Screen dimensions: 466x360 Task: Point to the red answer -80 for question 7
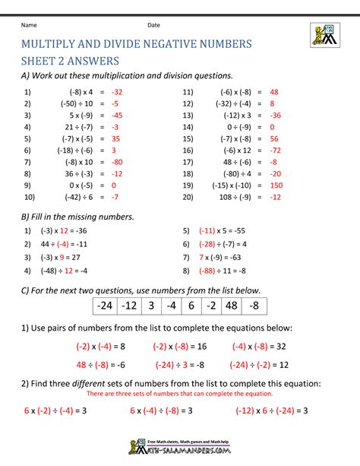tap(116, 162)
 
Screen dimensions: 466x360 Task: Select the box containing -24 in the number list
tap(104, 305)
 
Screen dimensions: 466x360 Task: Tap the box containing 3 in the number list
tap(151, 305)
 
